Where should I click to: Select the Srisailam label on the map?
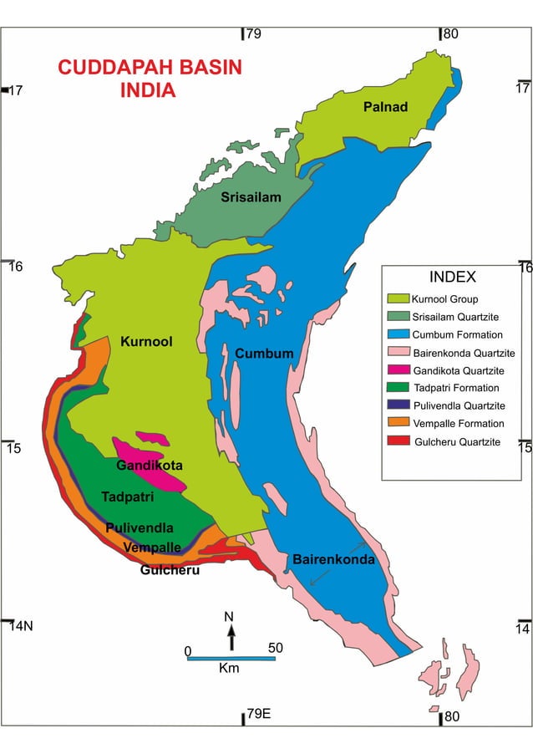pyautogui.click(x=251, y=197)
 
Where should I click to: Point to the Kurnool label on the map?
pyautogui.click(x=146, y=341)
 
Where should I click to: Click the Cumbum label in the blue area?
pyautogui.click(x=264, y=354)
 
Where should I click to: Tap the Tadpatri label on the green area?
pyautogui.click(x=128, y=497)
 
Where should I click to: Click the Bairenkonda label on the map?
pyautogui.click(x=333, y=559)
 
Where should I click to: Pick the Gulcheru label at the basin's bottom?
pyautogui.click(x=170, y=571)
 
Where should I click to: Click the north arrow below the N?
pyautogui.click(x=231, y=638)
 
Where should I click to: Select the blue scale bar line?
pyautogui.click(x=231, y=659)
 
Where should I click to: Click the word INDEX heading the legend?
pyautogui.click(x=452, y=278)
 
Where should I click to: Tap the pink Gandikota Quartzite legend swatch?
pyautogui.click(x=398, y=370)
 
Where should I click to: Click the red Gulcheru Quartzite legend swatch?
pyautogui.click(x=398, y=441)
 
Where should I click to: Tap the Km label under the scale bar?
pyautogui.click(x=229, y=669)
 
